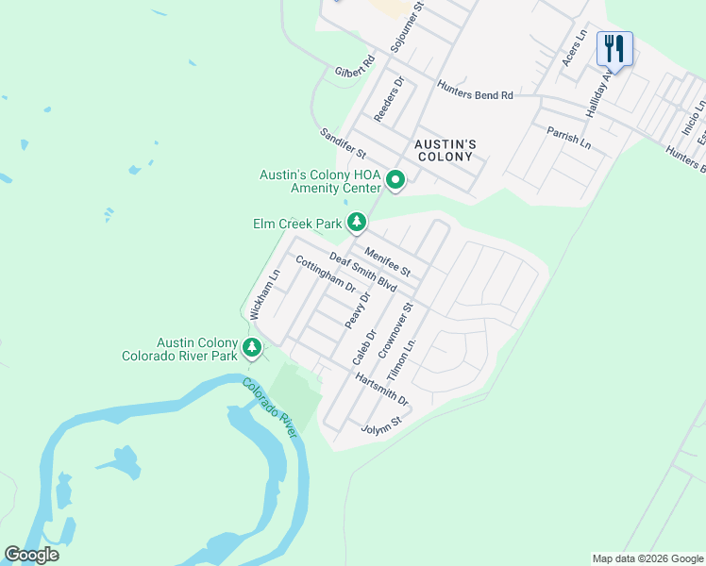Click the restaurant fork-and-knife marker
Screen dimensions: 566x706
click(614, 49)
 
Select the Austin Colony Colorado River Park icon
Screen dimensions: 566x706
click(252, 347)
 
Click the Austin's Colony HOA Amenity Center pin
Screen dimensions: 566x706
click(396, 179)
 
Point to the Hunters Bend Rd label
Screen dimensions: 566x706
click(475, 90)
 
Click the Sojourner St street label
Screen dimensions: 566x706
click(409, 25)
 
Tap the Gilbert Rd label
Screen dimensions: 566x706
click(355, 65)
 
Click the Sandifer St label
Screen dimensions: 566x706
click(343, 144)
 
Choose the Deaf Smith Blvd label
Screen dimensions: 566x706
click(362, 272)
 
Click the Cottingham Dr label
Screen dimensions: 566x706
click(326, 274)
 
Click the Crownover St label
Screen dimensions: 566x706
click(396, 330)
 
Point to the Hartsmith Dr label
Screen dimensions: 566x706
click(382, 389)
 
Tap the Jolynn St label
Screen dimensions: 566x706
click(381, 429)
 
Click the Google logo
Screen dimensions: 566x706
click(31, 555)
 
